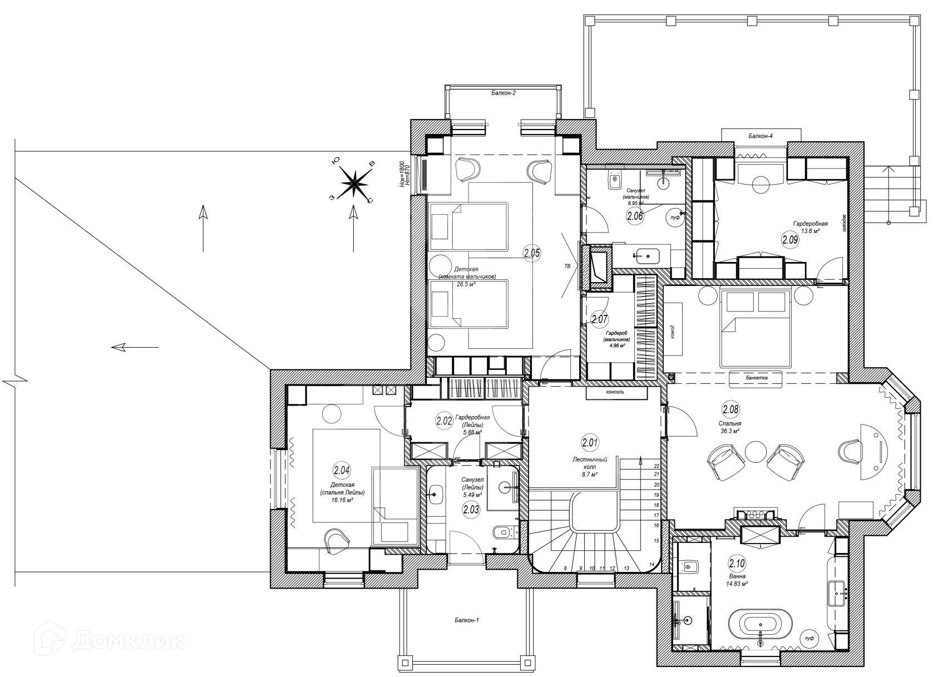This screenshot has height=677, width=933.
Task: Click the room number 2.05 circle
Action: click(x=532, y=254)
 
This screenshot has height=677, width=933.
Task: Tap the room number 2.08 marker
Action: click(x=730, y=410)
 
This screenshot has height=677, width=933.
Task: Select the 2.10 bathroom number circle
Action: click(x=737, y=564)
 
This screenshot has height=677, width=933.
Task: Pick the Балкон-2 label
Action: click(x=503, y=93)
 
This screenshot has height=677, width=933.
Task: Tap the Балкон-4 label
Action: click(x=761, y=135)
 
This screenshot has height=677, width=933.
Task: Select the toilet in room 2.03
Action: click(x=501, y=532)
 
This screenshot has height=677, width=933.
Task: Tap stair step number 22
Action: click(x=656, y=466)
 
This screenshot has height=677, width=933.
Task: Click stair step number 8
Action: click(x=565, y=568)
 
